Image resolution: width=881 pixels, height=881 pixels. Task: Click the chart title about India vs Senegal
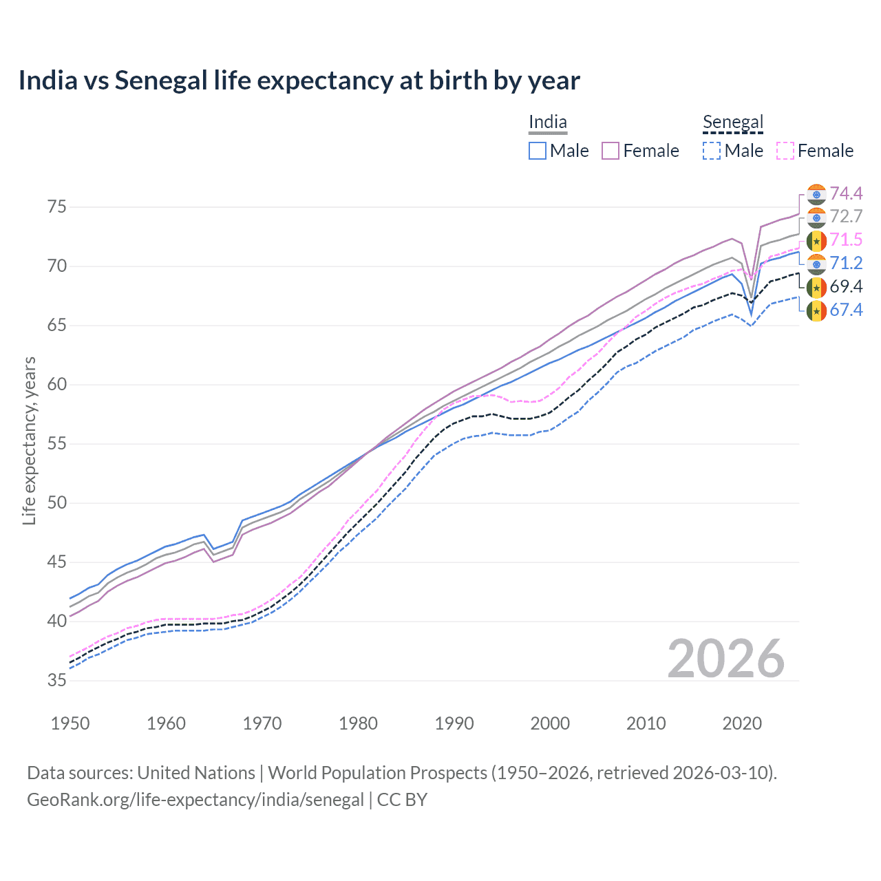pos(299,81)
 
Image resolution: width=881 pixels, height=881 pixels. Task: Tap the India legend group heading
pos(548,123)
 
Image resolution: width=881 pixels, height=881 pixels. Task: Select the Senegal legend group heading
pos(733,123)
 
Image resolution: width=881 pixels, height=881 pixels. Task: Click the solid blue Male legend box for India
pos(538,151)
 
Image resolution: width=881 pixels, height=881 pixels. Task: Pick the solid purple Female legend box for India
pos(611,151)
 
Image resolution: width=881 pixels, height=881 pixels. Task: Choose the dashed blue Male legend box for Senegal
pos(712,151)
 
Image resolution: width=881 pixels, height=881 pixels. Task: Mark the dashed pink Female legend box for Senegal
pos(785,151)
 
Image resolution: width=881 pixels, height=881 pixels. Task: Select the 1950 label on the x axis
pos(70,723)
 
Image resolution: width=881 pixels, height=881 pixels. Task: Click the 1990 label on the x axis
pos(454,723)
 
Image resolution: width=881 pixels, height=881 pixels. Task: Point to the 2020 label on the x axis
pos(742,723)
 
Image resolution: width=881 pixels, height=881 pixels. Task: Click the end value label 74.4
pos(846,193)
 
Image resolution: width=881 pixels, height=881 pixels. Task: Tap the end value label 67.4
pos(846,310)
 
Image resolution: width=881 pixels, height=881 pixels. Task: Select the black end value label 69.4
pos(846,287)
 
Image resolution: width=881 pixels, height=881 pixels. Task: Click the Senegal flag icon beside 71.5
pos(816,240)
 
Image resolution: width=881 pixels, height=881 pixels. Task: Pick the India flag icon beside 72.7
pos(816,217)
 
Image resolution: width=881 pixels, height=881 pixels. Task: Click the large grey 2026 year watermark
pos(725,659)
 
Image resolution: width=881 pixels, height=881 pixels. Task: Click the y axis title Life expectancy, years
pos(29,440)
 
